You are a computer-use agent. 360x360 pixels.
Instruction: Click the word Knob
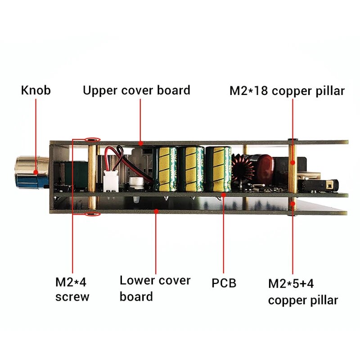[36, 90]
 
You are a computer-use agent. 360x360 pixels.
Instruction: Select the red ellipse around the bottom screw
[93, 215]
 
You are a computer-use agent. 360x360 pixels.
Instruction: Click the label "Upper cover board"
[136, 90]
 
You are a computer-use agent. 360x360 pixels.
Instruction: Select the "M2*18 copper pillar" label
[287, 91]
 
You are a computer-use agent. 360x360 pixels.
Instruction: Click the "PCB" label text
[224, 283]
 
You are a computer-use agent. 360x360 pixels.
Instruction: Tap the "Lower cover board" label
[155, 288]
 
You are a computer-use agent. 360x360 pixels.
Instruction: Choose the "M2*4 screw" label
[72, 290]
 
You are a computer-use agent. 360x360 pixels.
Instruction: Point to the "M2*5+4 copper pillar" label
[303, 292]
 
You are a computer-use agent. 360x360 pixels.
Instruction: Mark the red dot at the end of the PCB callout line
[224, 195]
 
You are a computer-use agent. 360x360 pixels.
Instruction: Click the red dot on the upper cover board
[141, 143]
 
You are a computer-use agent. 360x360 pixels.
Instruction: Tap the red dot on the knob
[36, 171]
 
